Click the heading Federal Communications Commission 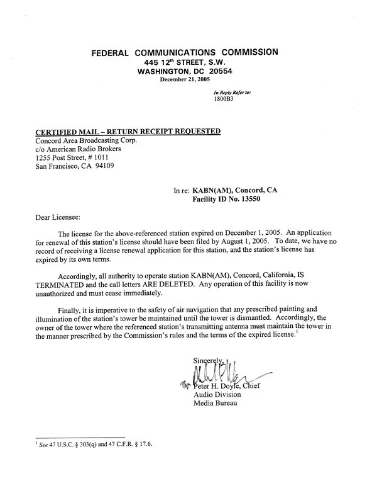tap(185, 52)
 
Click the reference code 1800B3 tap(224, 99)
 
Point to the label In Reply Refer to tap(232, 93)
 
